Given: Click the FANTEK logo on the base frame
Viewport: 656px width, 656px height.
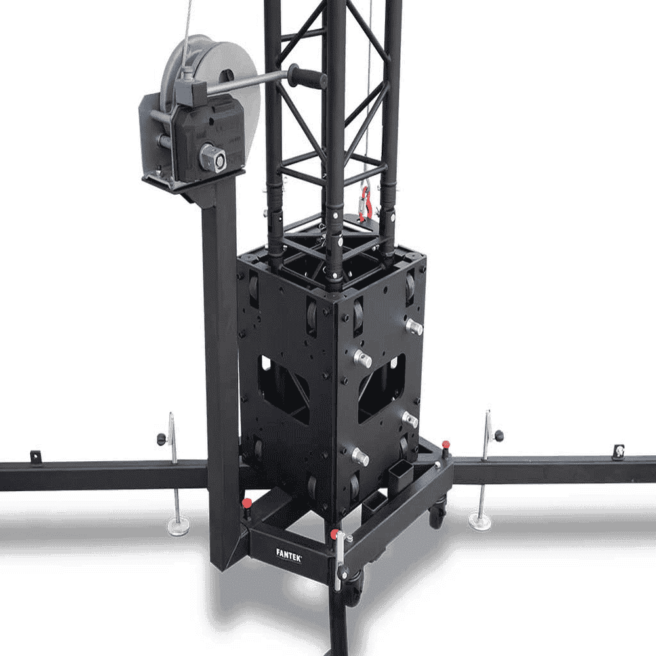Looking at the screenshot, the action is pos(289,555).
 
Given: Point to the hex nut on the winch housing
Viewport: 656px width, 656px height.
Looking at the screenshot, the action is pos(213,157).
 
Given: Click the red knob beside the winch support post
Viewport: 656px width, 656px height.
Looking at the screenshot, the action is pos(247,502).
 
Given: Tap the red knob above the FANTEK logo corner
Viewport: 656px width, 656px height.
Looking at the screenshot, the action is pos(335,534).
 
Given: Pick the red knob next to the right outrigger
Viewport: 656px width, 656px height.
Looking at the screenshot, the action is pos(446,444).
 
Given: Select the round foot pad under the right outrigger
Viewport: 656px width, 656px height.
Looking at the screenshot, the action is pos(480,520).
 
